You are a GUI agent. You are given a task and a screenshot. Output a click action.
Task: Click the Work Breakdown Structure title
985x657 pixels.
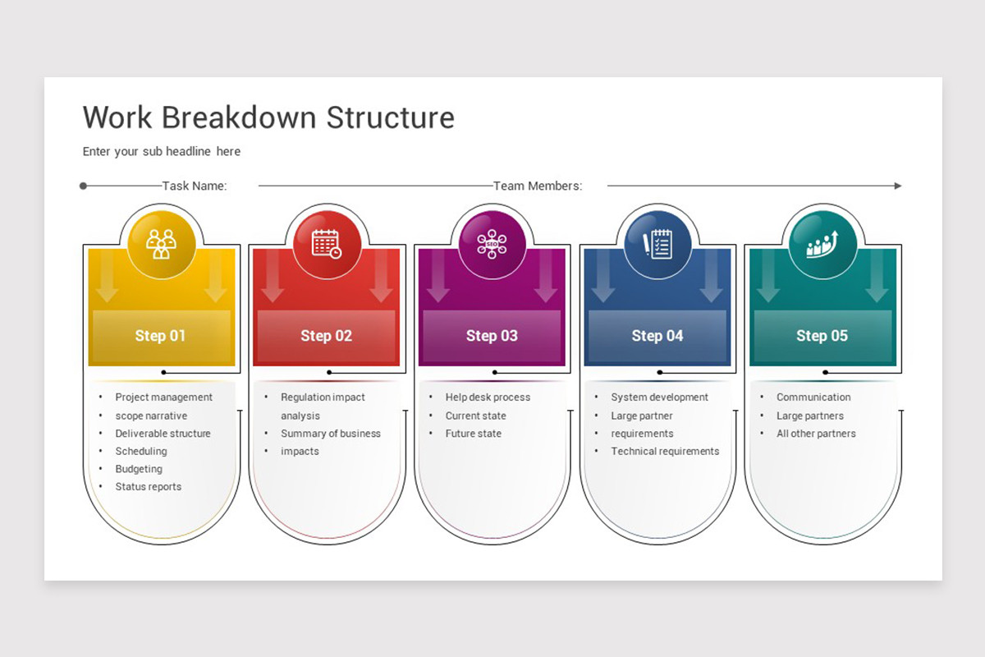click(268, 117)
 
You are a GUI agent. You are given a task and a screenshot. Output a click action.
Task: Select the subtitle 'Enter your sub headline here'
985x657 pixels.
click(162, 151)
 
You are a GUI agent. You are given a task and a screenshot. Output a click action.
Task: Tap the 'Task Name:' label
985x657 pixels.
click(195, 186)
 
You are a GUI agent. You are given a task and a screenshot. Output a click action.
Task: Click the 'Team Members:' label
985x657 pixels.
click(538, 186)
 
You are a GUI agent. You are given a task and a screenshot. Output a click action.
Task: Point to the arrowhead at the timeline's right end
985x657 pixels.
click(897, 186)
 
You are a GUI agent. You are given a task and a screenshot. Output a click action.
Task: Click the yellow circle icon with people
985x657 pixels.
click(161, 244)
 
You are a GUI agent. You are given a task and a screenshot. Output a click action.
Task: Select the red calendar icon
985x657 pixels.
click(327, 244)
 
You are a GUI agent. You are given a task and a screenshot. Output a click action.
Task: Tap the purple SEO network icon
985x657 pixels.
click(492, 244)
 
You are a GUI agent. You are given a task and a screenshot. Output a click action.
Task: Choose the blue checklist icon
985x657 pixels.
click(657, 244)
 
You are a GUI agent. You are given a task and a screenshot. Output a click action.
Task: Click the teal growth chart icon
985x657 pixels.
click(822, 244)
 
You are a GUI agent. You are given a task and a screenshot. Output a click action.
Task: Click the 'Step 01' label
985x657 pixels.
click(161, 336)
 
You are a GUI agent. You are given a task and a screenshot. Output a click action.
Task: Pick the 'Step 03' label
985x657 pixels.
click(492, 336)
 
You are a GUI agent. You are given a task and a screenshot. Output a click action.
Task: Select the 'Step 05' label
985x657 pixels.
click(822, 336)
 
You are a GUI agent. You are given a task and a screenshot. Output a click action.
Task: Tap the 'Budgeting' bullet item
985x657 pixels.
click(139, 469)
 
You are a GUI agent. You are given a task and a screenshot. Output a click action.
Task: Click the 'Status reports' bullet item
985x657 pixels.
click(149, 487)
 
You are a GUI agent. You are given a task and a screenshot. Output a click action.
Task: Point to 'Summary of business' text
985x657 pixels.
click(331, 434)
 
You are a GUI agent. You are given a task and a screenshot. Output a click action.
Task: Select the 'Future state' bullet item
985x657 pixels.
click(474, 434)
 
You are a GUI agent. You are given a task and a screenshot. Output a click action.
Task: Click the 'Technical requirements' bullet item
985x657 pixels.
click(665, 452)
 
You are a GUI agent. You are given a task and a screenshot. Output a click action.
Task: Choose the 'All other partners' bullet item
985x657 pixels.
click(816, 434)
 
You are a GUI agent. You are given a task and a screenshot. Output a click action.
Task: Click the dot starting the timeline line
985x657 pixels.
click(83, 186)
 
